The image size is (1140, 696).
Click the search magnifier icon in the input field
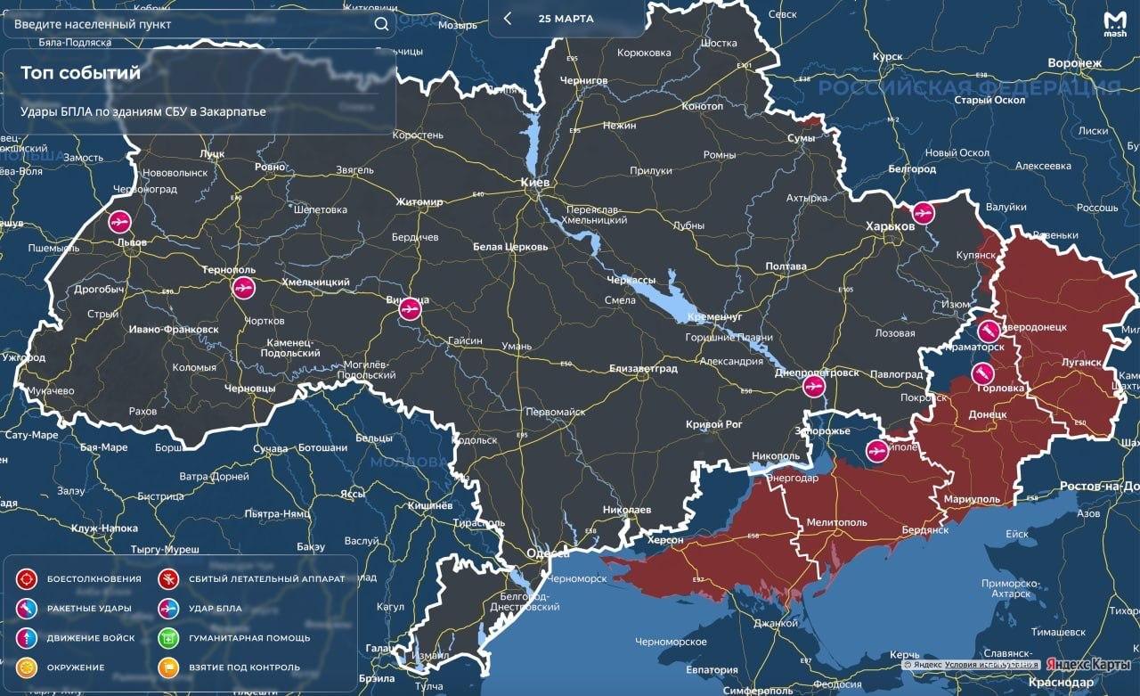pyautogui.click(x=381, y=24)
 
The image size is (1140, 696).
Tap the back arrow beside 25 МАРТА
pyautogui.click(x=508, y=19)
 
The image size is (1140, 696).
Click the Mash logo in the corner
pyautogui.click(x=1114, y=23)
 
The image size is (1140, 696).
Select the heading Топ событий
pyautogui.click(x=80, y=73)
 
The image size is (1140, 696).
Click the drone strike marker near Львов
pyautogui.click(x=119, y=221)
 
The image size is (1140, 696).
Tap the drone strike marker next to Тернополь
pyautogui.click(x=243, y=288)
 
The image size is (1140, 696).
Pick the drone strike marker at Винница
pyautogui.click(x=409, y=308)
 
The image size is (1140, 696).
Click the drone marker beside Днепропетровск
pyautogui.click(x=812, y=387)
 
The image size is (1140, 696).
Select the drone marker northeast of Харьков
pyautogui.click(x=924, y=212)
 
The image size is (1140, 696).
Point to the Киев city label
pyautogui.click(x=535, y=182)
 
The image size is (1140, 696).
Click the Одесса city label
pyautogui.click(x=547, y=553)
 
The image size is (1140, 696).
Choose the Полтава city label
pyautogui.click(x=786, y=266)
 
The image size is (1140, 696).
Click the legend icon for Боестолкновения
pyautogui.click(x=27, y=578)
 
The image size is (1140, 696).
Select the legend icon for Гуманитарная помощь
pyautogui.click(x=169, y=638)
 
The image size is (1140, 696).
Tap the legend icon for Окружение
pyautogui.click(x=27, y=667)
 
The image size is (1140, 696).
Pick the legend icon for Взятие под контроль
pyautogui.click(x=169, y=667)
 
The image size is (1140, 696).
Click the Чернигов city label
pyautogui.click(x=583, y=80)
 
